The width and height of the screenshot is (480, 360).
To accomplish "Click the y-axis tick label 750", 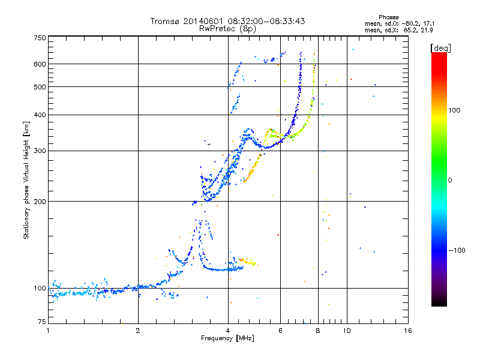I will pos(40,38).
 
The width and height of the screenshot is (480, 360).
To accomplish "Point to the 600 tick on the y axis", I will pos(40,64).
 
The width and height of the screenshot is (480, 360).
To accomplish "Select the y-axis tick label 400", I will pos(40,115).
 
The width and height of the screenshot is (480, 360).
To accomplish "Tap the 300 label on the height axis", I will pos(40,151).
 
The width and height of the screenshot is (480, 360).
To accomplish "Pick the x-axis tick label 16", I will pos(407,330).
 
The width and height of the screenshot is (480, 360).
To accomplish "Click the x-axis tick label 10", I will pos(347,330).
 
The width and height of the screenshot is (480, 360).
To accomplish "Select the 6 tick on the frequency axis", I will pos(280,330).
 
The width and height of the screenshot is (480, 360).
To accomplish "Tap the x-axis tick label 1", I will pos(48,330).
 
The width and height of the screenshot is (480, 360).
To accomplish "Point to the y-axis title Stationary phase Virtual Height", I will pos(26,180).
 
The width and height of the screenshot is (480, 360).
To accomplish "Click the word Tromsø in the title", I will pos(166,21).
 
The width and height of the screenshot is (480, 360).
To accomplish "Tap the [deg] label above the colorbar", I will pos(441,47).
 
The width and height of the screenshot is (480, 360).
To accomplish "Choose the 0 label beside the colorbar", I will pos(451,180).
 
